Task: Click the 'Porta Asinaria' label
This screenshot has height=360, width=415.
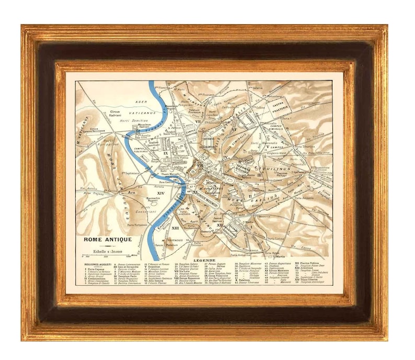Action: [305, 198]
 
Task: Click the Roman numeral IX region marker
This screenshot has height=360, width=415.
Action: [166, 153]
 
